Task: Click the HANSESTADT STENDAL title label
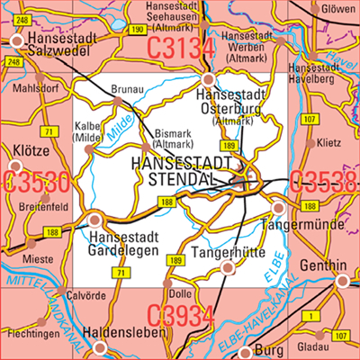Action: (x=184, y=171)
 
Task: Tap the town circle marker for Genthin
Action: (x=341, y=281)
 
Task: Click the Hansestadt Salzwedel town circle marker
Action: (x=18, y=40)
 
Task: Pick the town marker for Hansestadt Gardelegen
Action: (x=94, y=219)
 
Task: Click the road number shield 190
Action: (x=136, y=30)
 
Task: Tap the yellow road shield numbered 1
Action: (x=311, y=315)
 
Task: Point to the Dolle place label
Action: (x=179, y=292)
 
